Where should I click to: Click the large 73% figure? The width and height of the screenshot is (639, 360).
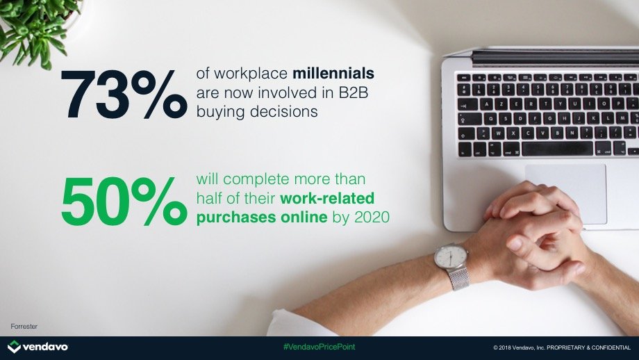pyautogui.click(x=124, y=95)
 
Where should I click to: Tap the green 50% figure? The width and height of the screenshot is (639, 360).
pyautogui.click(x=124, y=201)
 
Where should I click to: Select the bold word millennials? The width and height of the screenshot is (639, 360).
pyautogui.click(x=333, y=74)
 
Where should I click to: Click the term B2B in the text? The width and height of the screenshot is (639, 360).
pyautogui.click(x=354, y=92)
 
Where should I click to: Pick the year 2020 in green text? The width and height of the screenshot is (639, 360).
pyautogui.click(x=372, y=218)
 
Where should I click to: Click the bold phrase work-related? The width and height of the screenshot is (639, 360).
pyautogui.click(x=327, y=198)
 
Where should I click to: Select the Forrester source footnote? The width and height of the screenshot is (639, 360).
pyautogui.click(x=24, y=327)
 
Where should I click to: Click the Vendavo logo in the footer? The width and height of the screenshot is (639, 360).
pyautogui.click(x=38, y=347)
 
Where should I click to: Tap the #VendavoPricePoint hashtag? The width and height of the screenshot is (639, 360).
pyautogui.click(x=319, y=347)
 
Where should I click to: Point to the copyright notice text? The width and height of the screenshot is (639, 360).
pyautogui.click(x=562, y=347)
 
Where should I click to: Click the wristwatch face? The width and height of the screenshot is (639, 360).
pyautogui.click(x=450, y=256)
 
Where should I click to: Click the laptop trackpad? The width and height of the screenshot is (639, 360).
pyautogui.click(x=565, y=194)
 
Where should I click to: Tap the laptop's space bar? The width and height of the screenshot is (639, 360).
pyautogui.click(x=557, y=149)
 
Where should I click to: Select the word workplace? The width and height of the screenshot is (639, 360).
pyautogui.click(x=251, y=74)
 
